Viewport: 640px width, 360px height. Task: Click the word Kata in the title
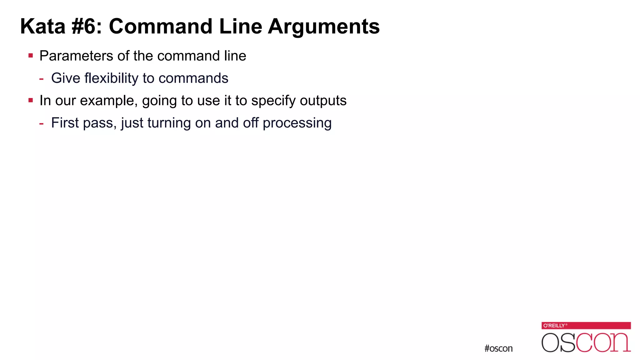[x=43, y=26]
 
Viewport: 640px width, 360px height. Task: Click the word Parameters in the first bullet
[x=76, y=56]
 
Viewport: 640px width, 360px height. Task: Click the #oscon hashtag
[x=498, y=348]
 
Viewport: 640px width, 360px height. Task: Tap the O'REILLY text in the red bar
[x=554, y=326]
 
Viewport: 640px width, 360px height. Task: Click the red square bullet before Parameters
[x=31, y=56]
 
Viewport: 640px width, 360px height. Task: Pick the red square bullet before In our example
[x=31, y=101]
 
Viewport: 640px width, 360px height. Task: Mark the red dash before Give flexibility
[x=41, y=79]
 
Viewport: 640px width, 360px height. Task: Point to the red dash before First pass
[x=41, y=123]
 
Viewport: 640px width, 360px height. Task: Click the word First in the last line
[x=65, y=123]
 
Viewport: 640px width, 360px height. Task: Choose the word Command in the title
[x=160, y=26]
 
